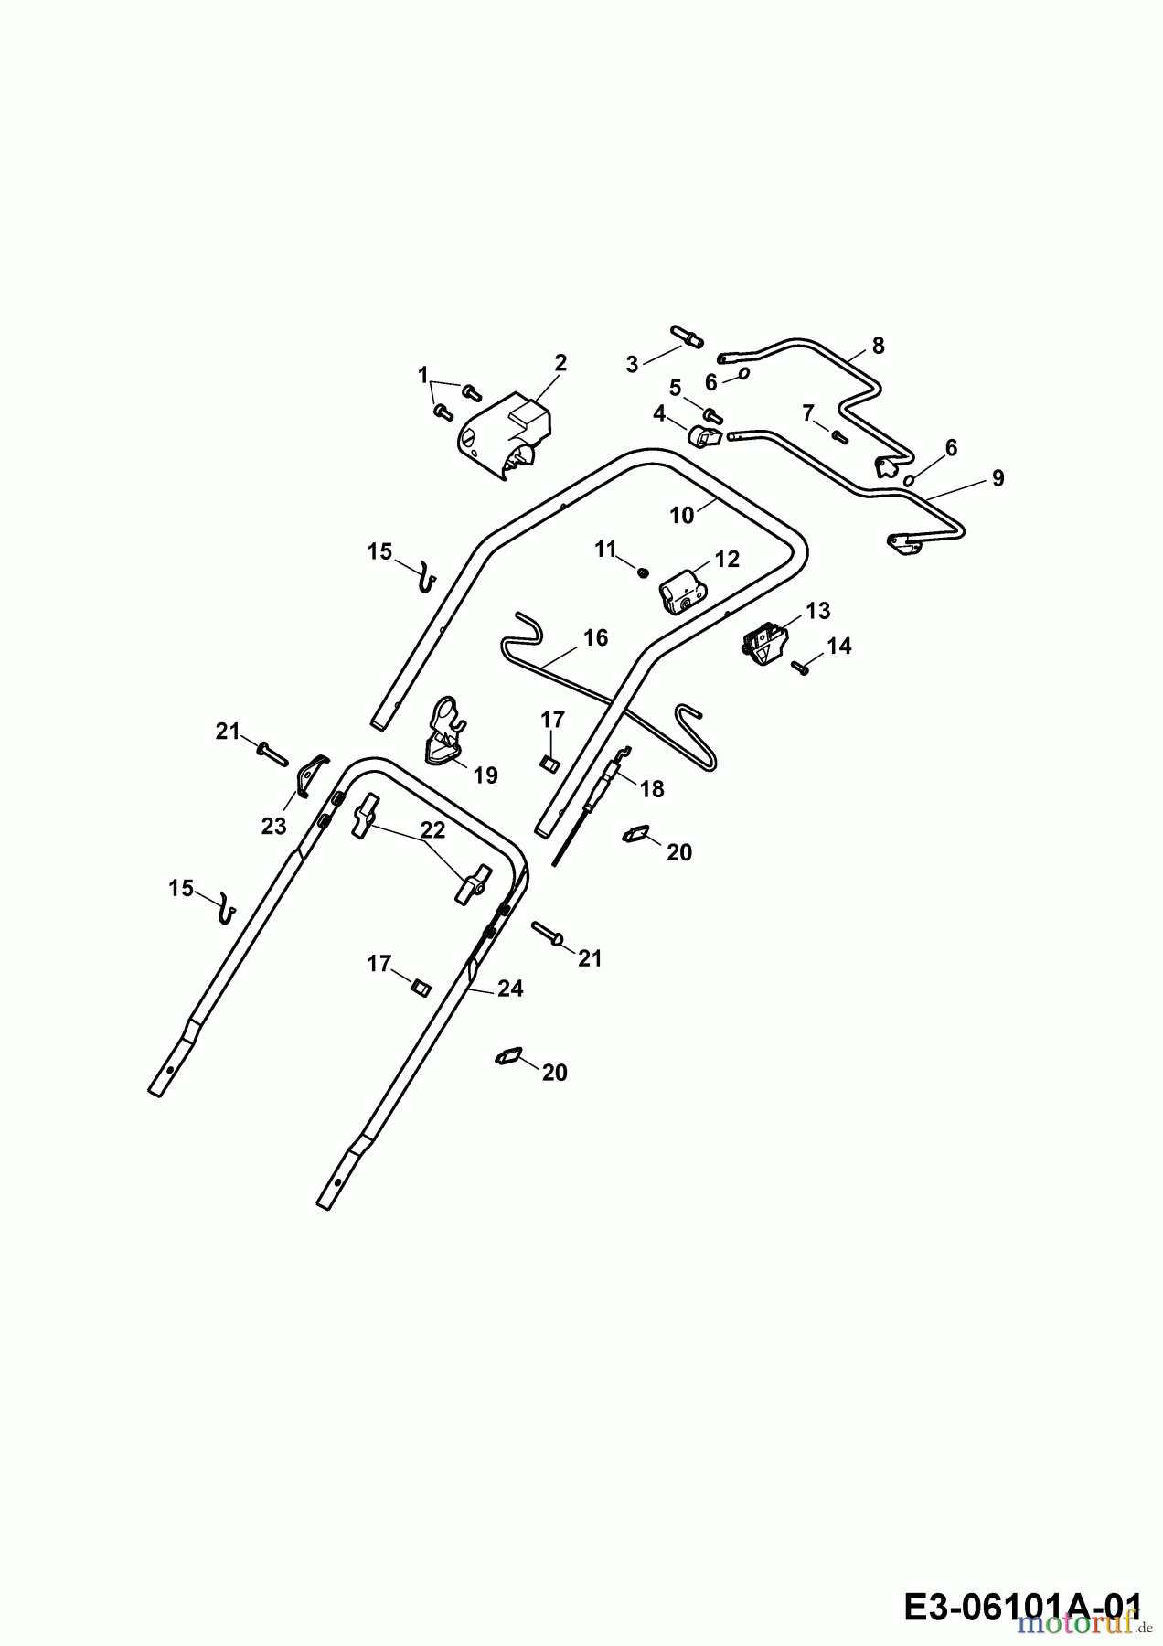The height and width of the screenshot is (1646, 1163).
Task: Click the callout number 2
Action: (x=560, y=363)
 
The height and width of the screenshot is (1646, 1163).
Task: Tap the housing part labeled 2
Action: (x=506, y=439)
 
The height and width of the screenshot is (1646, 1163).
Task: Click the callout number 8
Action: (x=879, y=346)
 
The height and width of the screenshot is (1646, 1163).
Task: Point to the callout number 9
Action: (x=998, y=478)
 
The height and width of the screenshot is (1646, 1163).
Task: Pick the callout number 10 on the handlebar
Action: (x=682, y=516)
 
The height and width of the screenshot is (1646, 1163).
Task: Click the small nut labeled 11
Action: (x=642, y=572)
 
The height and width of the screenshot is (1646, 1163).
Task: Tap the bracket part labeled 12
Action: (x=681, y=593)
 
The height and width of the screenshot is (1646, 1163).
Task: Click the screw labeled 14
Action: (x=802, y=668)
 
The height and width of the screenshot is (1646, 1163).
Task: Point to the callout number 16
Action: (x=595, y=637)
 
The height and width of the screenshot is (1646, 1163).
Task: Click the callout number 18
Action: (x=652, y=788)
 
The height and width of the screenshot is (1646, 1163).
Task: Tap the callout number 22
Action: (x=432, y=829)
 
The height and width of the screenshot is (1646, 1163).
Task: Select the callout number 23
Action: (x=273, y=826)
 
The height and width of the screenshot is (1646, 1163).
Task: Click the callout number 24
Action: (x=510, y=989)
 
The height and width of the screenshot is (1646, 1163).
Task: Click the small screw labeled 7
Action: (x=839, y=435)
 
